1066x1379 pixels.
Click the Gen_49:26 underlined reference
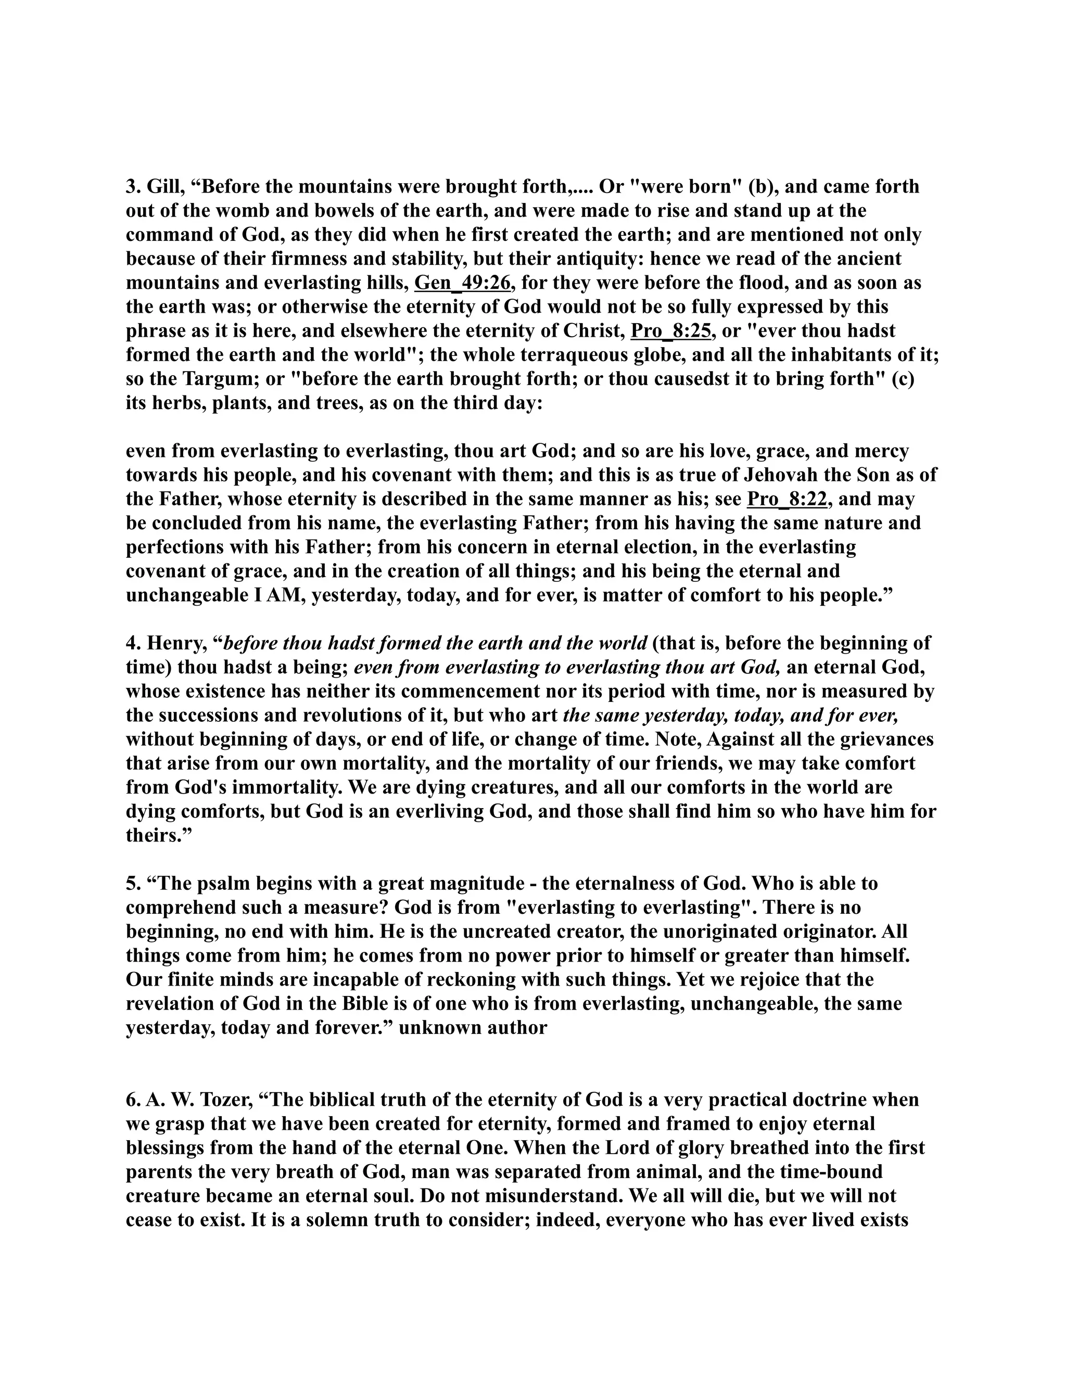point(462,283)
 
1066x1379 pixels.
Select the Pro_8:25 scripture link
point(670,331)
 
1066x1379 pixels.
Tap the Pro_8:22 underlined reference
point(787,500)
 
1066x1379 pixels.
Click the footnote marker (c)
point(903,379)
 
